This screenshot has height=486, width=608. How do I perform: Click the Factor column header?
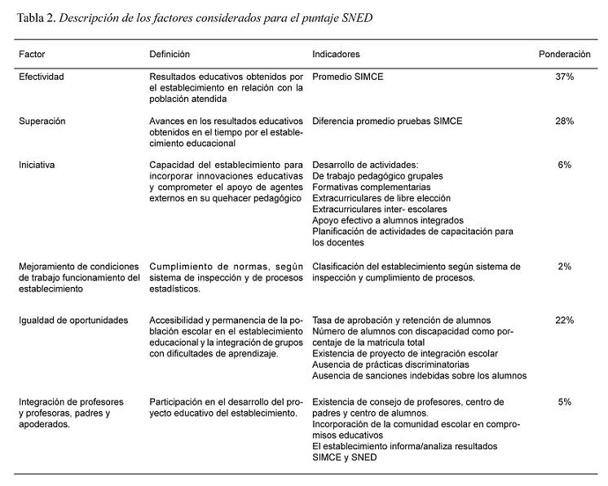pos(32,55)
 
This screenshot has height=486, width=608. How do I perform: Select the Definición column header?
pos(169,55)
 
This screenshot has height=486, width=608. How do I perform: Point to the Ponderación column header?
pos(564,55)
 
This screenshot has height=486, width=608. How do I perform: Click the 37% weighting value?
pos(564,77)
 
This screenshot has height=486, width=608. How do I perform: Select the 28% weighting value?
pos(564,121)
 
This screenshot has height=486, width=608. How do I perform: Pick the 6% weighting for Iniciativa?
pos(564,165)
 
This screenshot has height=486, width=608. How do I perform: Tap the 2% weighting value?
pos(564,266)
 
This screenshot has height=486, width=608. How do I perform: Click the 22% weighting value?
pos(564,320)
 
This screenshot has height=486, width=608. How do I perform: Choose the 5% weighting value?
pos(564,402)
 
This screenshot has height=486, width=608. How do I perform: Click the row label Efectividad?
pos(42,77)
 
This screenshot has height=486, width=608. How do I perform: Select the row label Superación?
pos(42,121)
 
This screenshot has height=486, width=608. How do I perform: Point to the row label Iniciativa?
pos(37,165)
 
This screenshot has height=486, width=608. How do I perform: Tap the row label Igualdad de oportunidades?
pos(73,320)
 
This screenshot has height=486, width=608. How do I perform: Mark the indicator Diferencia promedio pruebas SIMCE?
pos(387,121)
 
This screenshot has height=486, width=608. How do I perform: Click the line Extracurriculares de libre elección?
pos(381,197)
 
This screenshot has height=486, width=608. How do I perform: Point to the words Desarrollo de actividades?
pos(365,165)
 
